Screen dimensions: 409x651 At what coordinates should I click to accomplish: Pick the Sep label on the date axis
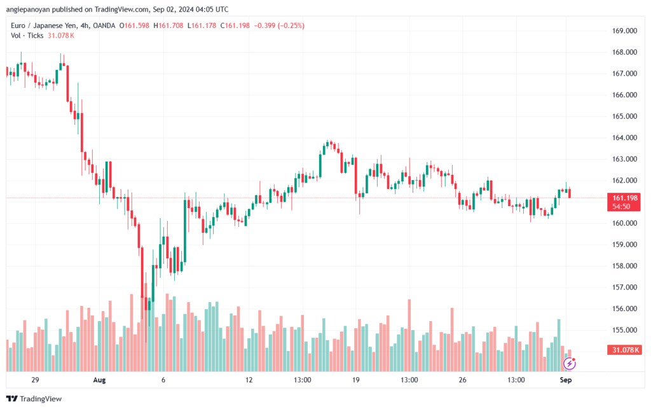click(565, 380)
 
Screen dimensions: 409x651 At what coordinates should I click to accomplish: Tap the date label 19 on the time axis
click(355, 380)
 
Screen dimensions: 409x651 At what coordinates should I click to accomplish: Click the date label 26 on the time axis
click(462, 380)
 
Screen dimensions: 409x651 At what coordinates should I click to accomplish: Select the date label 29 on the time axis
click(35, 380)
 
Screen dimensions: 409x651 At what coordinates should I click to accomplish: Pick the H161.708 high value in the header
click(167, 25)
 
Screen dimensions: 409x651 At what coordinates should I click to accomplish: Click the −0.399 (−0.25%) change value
click(279, 25)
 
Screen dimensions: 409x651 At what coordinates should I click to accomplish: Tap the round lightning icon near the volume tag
click(570, 364)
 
